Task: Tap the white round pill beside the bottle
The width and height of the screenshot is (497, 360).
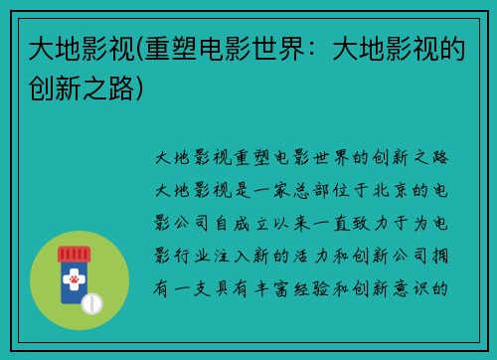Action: [92, 301]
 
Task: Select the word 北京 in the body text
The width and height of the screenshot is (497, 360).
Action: [374, 189]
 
